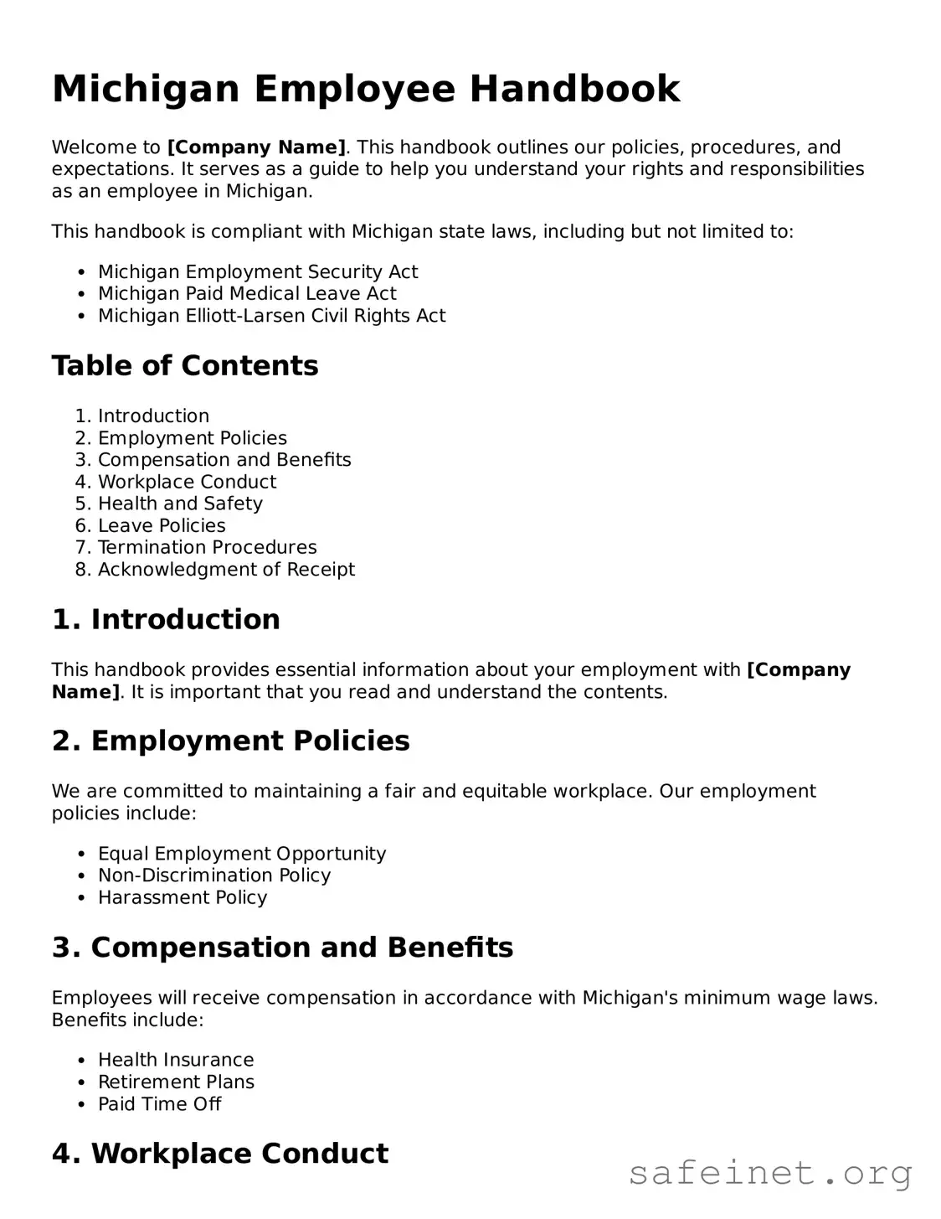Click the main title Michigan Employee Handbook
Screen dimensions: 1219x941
coord(366,89)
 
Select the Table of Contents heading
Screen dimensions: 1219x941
coord(185,366)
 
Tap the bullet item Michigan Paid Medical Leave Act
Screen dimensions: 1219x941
coord(247,294)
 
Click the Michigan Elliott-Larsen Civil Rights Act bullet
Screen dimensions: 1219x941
coord(271,316)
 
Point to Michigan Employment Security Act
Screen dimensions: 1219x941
coord(257,272)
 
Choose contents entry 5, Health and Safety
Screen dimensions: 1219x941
coord(180,504)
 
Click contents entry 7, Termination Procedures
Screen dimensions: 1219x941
coord(207,548)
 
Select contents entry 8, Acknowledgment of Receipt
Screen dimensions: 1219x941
coord(226,570)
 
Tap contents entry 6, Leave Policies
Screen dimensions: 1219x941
coord(162,526)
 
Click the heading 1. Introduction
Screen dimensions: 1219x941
coord(166,619)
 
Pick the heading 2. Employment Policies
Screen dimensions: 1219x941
coord(230,741)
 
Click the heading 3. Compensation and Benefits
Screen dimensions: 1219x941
coord(282,948)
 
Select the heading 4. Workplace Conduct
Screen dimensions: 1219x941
coord(220,1154)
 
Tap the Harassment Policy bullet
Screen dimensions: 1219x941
coord(183,898)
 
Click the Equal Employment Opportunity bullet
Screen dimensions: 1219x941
coord(242,854)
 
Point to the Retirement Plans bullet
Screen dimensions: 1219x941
coord(176,1082)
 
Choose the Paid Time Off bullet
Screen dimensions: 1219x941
coord(159,1104)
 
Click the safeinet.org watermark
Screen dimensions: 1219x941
coord(770,1173)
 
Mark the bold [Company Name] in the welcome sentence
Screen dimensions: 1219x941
coord(256,147)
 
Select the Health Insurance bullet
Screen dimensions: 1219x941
coord(176,1061)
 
